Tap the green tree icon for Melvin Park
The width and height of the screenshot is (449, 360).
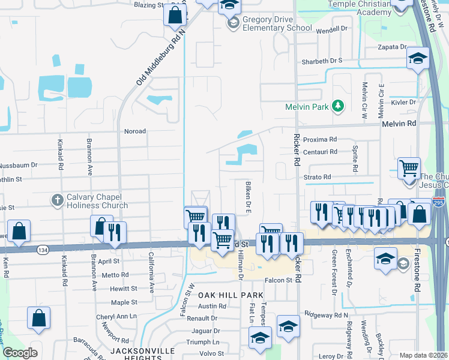coord(339,106)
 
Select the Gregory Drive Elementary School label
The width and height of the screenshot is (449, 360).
coord(277,23)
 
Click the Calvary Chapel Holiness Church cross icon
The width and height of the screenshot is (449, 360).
coord(57,200)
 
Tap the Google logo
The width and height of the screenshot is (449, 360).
coord(20,353)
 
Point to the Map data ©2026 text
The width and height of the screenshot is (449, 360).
coord(423,355)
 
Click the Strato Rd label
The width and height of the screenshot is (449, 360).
coord(318,177)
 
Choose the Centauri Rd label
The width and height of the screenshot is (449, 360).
coord(324,152)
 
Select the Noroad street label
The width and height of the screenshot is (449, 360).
coord(134,130)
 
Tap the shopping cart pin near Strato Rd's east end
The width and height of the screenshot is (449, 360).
coord(409,169)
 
